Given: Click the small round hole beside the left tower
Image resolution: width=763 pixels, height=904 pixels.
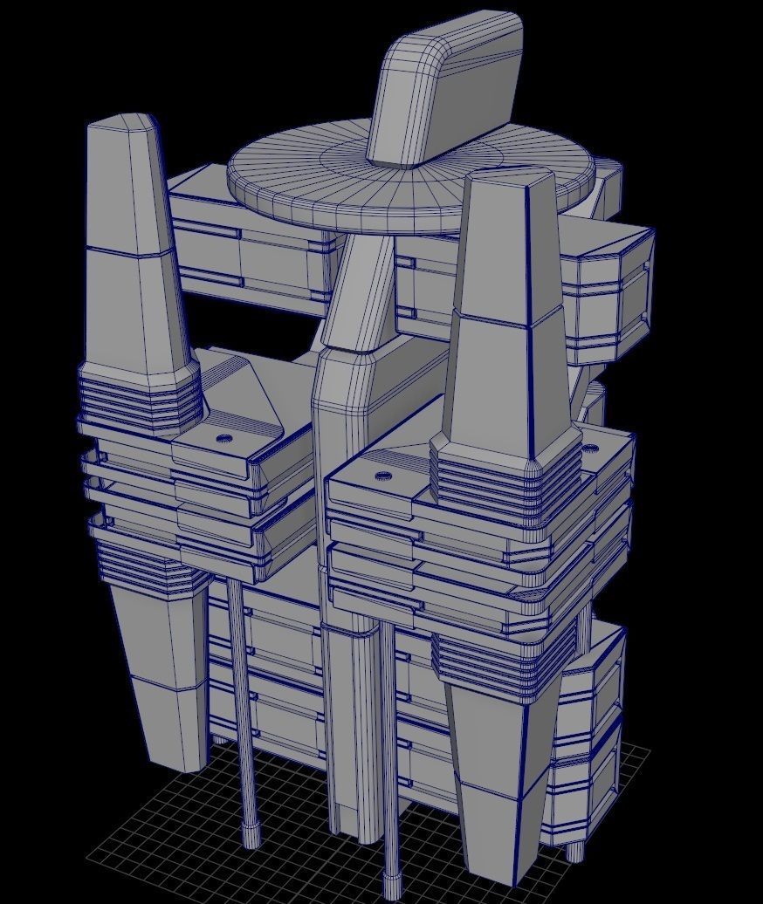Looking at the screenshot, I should click(x=224, y=438).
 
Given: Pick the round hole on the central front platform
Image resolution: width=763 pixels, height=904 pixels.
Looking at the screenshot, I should click(x=382, y=476).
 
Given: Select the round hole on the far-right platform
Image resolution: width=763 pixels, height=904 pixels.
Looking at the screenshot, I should click(x=590, y=449).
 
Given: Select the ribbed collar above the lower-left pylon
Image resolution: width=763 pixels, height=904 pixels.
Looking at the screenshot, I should click(x=144, y=558).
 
